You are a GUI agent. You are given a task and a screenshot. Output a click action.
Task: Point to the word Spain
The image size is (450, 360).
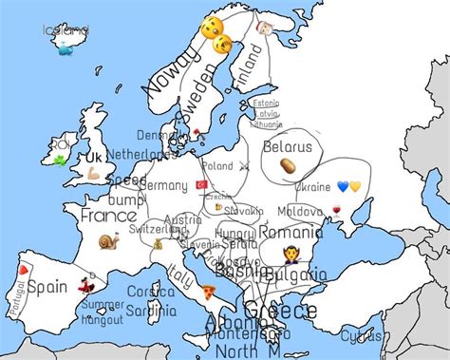(47, 286)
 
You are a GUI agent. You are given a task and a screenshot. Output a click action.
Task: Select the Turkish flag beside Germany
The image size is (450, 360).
(201, 183)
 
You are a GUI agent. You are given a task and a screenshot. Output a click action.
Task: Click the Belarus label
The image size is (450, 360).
(287, 147)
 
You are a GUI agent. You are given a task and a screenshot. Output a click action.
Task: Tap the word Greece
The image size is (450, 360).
(280, 312)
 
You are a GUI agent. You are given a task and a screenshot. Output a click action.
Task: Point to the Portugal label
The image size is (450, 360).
(15, 297)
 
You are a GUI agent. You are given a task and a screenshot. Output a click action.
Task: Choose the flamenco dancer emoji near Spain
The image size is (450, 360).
(84, 284)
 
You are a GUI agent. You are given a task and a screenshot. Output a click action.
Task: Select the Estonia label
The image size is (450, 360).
(267, 103)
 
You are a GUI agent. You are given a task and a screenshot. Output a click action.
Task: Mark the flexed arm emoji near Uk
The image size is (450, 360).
(94, 175)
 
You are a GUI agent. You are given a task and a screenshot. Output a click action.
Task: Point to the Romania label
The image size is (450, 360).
(291, 232)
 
